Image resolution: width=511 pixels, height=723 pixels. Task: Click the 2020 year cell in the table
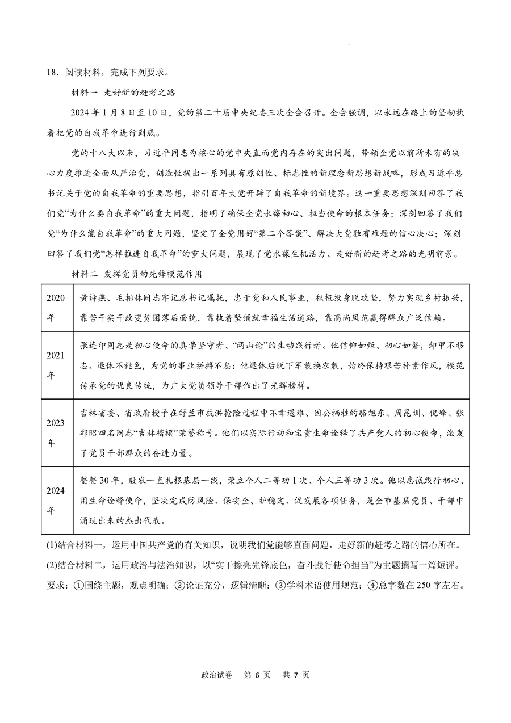(56, 306)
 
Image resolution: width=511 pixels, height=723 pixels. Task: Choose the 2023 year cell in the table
(56, 432)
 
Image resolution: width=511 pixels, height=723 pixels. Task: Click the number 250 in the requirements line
(430, 585)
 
